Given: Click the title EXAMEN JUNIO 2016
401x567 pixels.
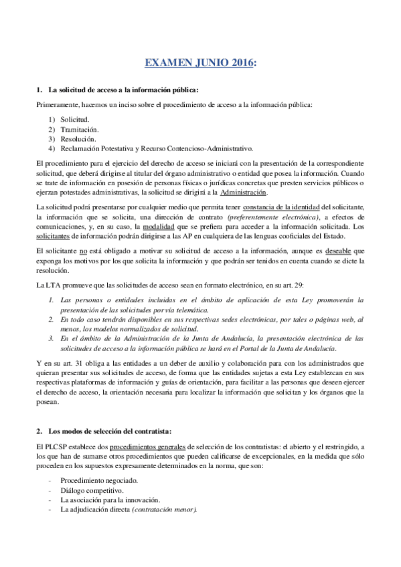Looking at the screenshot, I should (199, 64).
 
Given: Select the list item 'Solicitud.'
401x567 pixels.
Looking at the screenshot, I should (74, 119).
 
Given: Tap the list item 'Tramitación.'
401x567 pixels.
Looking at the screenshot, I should (79, 129).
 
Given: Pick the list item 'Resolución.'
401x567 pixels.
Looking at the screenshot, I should (78, 138).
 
